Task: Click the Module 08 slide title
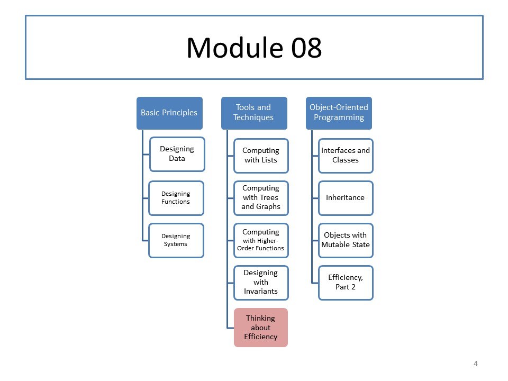pos(255,48)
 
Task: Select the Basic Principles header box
pos(169,113)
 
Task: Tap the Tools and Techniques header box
pos(254,113)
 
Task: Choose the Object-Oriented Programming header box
pos(339,113)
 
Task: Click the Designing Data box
pos(177,154)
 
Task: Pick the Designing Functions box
pos(176,198)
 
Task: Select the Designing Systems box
pos(176,240)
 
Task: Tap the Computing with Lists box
pos(261,156)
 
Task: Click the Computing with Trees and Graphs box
pos(261,198)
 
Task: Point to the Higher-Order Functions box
pos(261,240)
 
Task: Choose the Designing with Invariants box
pos(261,283)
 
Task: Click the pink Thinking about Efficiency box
pos(261,328)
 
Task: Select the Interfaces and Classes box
pos(346,156)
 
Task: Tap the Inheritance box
pos(346,198)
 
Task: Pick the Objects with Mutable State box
pos(346,240)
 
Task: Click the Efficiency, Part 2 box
pos(346,283)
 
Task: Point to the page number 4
pos(476,364)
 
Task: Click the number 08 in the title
pos(306,48)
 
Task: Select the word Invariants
pos(261,291)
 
